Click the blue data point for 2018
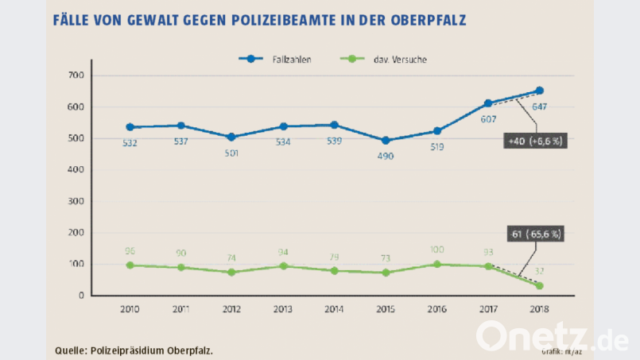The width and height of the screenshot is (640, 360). [x=540, y=91]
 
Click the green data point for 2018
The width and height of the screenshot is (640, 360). [x=540, y=285]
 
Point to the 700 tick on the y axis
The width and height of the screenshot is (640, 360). [x=76, y=75]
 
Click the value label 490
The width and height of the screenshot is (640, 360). [x=386, y=156]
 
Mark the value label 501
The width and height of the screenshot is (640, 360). [x=231, y=153]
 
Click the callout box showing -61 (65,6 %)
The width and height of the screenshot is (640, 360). [x=536, y=234]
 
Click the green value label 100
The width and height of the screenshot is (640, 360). [x=436, y=250]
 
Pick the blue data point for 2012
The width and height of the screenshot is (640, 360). [x=231, y=137]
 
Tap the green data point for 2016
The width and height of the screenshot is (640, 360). [x=436, y=265]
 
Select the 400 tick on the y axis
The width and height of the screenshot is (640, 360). [x=76, y=169]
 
